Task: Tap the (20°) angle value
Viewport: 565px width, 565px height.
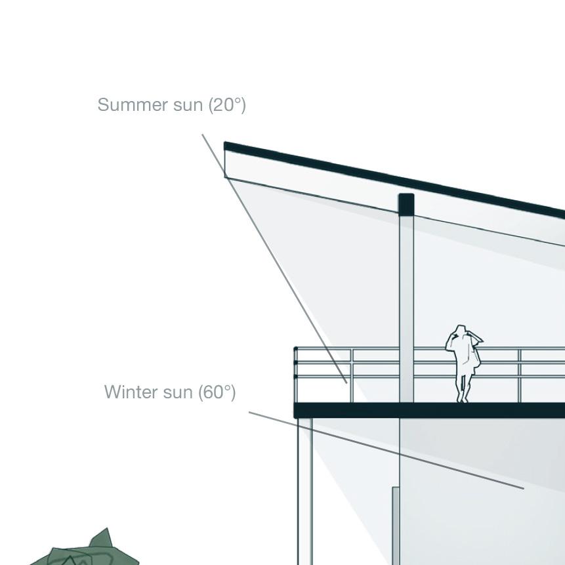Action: [x=227, y=105]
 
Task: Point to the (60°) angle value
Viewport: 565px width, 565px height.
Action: [x=217, y=392]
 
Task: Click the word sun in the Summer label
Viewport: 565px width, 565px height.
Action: [x=189, y=105]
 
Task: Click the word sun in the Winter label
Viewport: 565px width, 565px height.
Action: [x=178, y=392]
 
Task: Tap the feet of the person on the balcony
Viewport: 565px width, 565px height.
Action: [x=463, y=398]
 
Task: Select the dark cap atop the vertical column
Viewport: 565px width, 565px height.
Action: [x=406, y=204]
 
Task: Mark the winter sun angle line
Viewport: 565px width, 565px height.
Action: [x=387, y=450]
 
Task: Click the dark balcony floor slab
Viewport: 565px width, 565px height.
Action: [x=427, y=411]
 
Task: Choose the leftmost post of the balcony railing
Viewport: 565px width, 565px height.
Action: [x=296, y=374]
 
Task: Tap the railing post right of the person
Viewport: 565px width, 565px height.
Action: [x=520, y=375]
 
